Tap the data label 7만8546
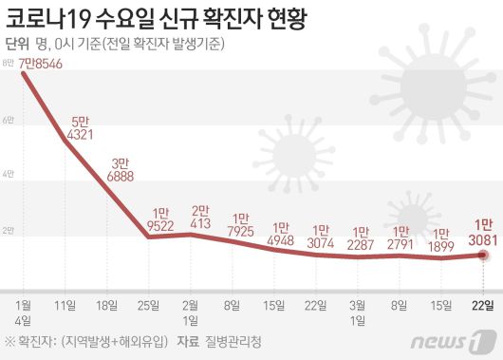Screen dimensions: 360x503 pyautogui.click(x=40, y=64)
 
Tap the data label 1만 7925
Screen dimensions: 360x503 pyautogui.click(x=241, y=224)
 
